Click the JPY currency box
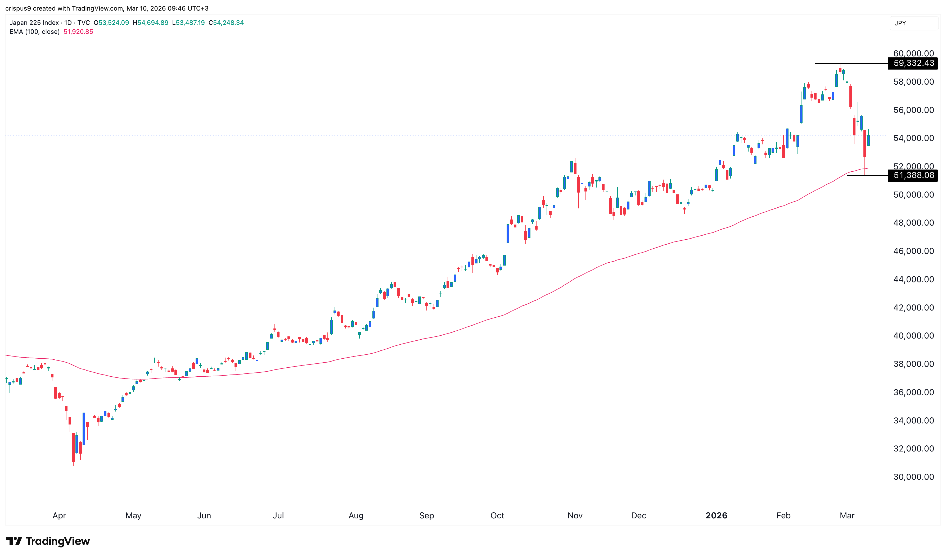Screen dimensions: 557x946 tap(900, 23)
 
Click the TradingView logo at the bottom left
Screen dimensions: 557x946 tap(48, 541)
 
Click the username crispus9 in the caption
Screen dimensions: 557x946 tap(18, 8)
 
